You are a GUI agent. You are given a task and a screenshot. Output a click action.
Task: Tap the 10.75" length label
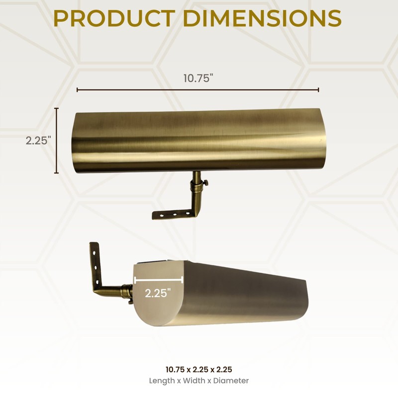(198, 79)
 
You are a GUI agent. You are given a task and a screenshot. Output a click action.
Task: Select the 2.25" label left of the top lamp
(39, 140)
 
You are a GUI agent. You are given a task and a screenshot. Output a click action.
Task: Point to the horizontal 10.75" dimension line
(198, 90)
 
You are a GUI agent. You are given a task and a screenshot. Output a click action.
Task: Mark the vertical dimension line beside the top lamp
(57, 140)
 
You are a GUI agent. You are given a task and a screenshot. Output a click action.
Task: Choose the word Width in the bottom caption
(196, 381)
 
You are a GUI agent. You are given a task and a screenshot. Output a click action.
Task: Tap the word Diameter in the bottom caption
(232, 381)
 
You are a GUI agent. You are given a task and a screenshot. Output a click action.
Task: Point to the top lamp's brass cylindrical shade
(199, 141)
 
